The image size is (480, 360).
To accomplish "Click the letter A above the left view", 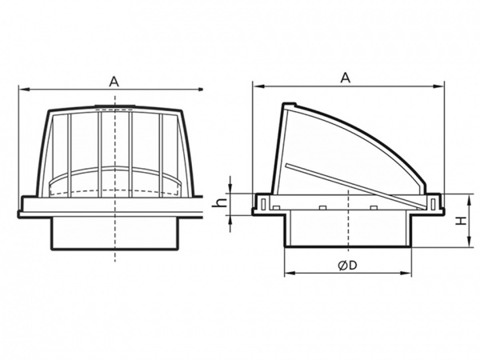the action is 114,82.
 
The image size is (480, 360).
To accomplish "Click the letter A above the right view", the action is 346,78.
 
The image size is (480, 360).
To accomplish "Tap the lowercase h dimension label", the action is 221,202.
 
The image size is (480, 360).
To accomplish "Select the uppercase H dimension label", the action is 462,221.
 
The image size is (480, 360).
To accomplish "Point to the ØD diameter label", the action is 347,266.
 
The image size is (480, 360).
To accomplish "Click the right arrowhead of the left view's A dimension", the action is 200,89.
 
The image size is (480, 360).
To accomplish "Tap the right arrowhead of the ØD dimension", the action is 406,273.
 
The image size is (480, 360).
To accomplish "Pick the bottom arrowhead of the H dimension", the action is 469,242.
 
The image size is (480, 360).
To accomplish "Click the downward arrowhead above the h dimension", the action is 231,188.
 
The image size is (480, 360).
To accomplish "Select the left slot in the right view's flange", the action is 263,204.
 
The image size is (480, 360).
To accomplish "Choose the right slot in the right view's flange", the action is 432,204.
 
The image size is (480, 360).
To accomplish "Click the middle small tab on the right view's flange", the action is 322,208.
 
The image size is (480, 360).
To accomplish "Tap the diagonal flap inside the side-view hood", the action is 356,186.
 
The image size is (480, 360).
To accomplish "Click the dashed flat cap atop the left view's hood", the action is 115,107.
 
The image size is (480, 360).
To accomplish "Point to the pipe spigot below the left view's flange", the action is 115,234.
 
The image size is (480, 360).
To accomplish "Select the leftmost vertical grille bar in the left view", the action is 70,155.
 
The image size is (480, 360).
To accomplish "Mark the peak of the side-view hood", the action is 289,104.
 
